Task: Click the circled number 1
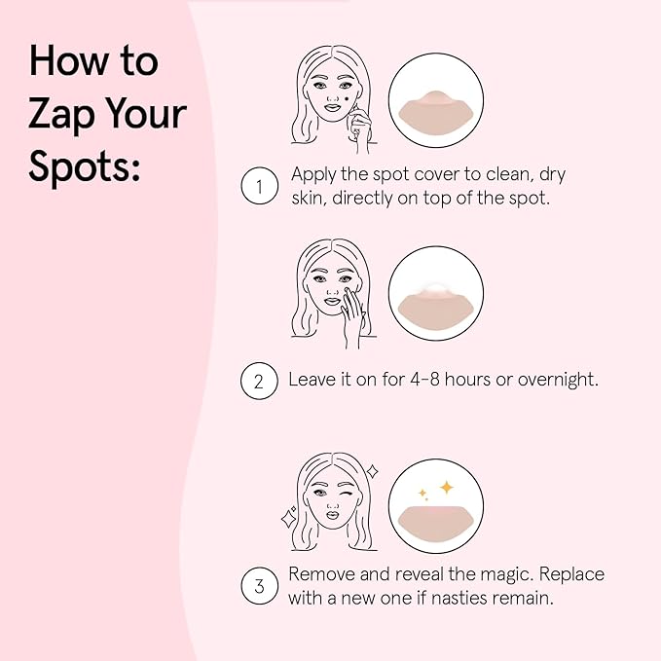click(259, 186)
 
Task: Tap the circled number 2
click(259, 381)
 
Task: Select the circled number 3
click(259, 586)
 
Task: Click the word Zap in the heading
click(61, 115)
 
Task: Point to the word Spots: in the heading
click(85, 165)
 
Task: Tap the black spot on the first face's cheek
click(347, 99)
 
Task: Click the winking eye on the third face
click(347, 494)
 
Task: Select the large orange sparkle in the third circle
click(447, 488)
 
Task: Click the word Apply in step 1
click(313, 175)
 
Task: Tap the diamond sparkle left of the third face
click(289, 518)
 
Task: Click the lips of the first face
click(332, 107)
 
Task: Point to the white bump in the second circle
click(435, 289)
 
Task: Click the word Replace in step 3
click(571, 575)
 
